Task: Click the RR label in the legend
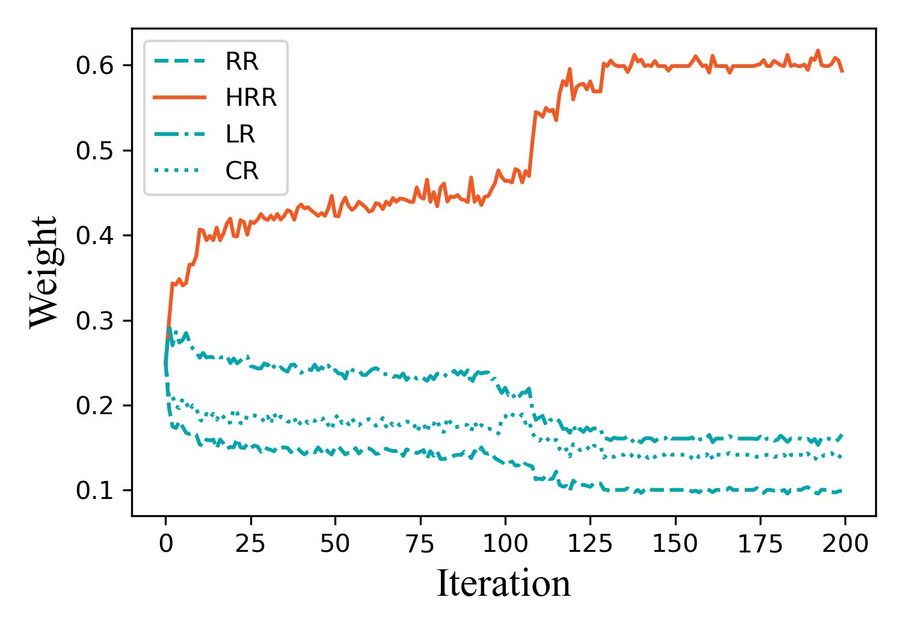click(x=241, y=61)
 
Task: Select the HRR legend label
click(x=251, y=97)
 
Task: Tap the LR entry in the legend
click(x=240, y=134)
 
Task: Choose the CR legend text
click(x=242, y=171)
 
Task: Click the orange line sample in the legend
click(x=180, y=97)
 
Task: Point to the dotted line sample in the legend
click(x=180, y=171)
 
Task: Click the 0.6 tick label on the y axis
click(x=95, y=66)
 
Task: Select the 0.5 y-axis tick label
click(x=95, y=151)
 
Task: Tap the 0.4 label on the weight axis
click(x=95, y=236)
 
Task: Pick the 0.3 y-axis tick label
click(x=95, y=321)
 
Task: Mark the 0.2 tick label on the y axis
click(x=95, y=406)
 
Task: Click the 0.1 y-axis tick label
click(x=95, y=491)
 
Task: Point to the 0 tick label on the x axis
click(x=165, y=543)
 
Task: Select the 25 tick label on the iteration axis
click(x=250, y=543)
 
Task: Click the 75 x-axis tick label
click(x=420, y=543)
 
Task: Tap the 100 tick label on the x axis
click(x=505, y=543)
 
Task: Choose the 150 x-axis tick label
click(x=675, y=543)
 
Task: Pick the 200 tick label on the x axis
click(x=845, y=543)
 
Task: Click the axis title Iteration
click(x=503, y=584)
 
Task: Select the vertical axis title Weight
click(x=45, y=272)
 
